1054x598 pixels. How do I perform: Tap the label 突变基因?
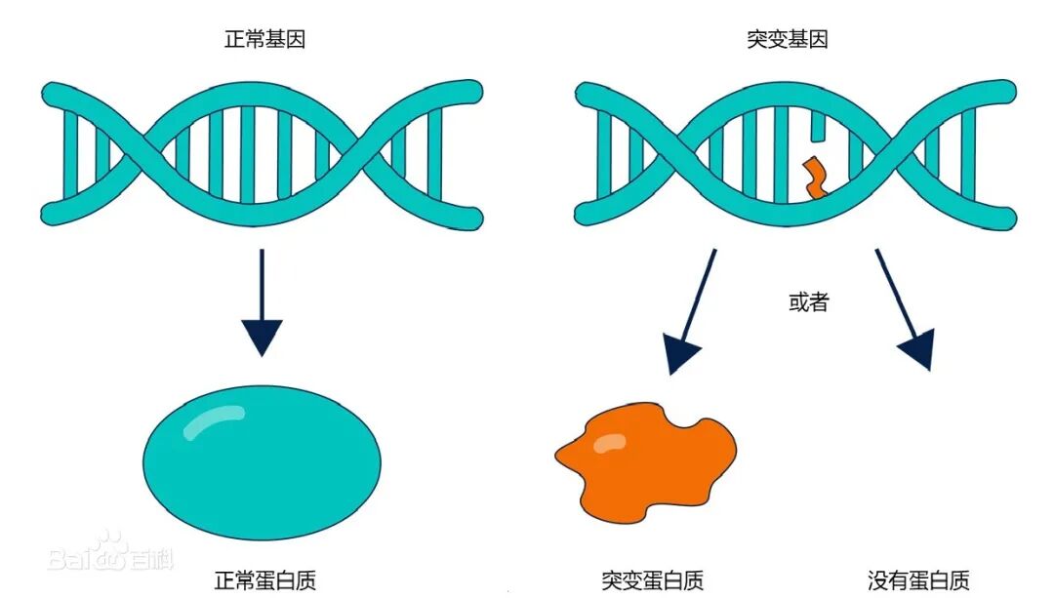[788, 41]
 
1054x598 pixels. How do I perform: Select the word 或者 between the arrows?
[808, 302]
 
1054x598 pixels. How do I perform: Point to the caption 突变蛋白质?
[653, 580]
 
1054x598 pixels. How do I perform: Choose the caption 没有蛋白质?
[919, 580]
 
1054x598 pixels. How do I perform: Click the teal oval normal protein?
[262, 458]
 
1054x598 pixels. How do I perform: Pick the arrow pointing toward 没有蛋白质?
[904, 308]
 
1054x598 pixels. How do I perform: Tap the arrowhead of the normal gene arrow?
[262, 337]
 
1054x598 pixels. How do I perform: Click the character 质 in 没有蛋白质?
[959, 580]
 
